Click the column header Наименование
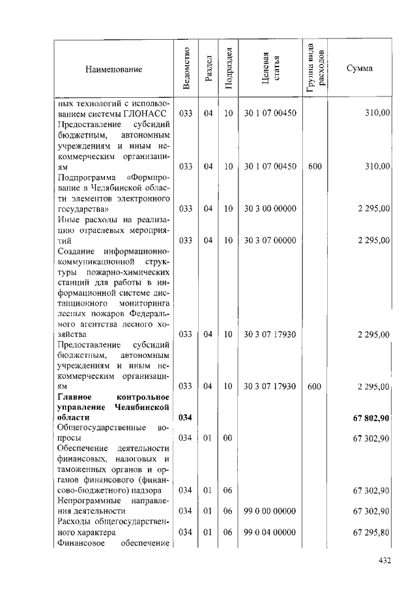click(x=113, y=68)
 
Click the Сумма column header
click(x=360, y=68)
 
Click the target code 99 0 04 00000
click(x=270, y=533)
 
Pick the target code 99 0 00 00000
click(x=270, y=511)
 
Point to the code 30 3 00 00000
click(x=270, y=209)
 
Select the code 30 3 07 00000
click(x=270, y=240)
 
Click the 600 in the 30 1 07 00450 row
click(x=315, y=166)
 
